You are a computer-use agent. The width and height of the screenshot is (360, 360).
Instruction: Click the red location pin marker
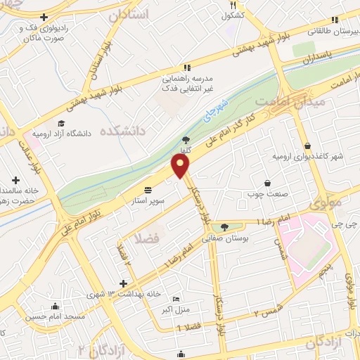pos(181,166)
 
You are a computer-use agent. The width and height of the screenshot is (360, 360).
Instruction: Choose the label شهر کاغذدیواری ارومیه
pos(309,156)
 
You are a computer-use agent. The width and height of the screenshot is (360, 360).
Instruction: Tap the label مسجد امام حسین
pos(56,316)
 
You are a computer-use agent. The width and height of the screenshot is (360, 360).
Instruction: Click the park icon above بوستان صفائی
pos(224,227)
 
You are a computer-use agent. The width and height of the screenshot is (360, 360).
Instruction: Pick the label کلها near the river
pos(186,150)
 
